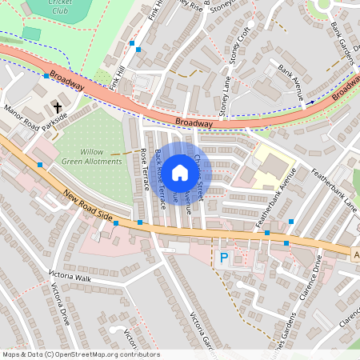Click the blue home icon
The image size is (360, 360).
(180, 172)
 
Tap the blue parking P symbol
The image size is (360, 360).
(224, 258)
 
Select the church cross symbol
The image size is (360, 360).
(58, 106)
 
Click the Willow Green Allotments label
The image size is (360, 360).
(101, 156)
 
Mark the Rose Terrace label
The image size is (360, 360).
(145, 167)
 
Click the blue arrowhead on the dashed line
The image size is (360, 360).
(310, 102)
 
